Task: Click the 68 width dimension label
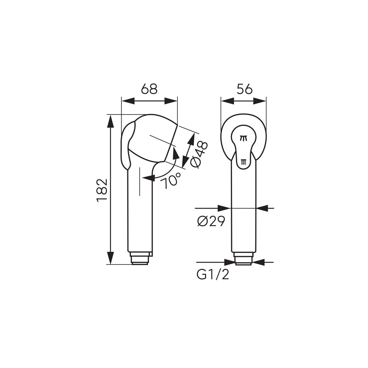click(x=149, y=89)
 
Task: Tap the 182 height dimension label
click(x=101, y=191)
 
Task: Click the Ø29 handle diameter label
click(x=211, y=222)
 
